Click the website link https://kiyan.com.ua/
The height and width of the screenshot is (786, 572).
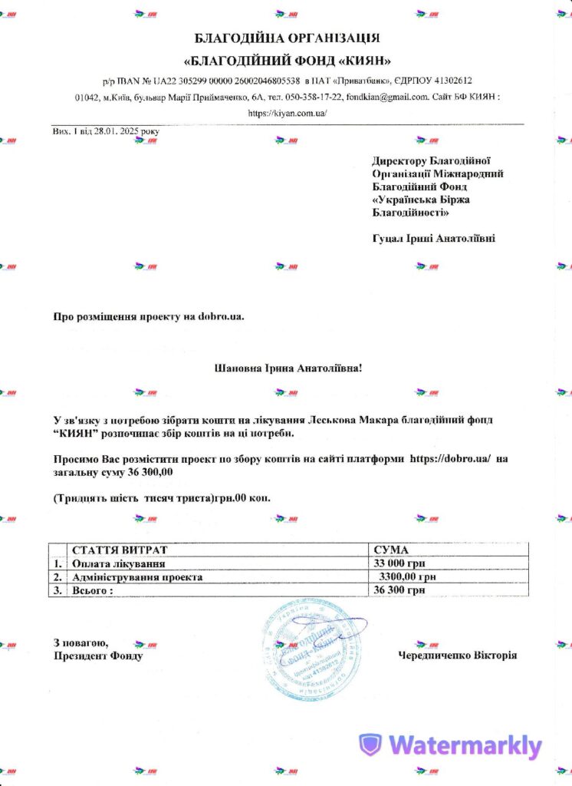coord(288,113)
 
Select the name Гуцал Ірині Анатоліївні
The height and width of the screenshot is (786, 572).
coord(433,238)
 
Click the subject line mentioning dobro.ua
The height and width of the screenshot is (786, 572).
coord(148,316)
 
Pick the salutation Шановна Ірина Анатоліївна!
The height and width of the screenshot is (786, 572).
coord(288,368)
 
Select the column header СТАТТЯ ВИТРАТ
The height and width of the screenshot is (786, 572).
coord(119,550)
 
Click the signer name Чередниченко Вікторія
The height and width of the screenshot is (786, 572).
coord(457,656)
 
